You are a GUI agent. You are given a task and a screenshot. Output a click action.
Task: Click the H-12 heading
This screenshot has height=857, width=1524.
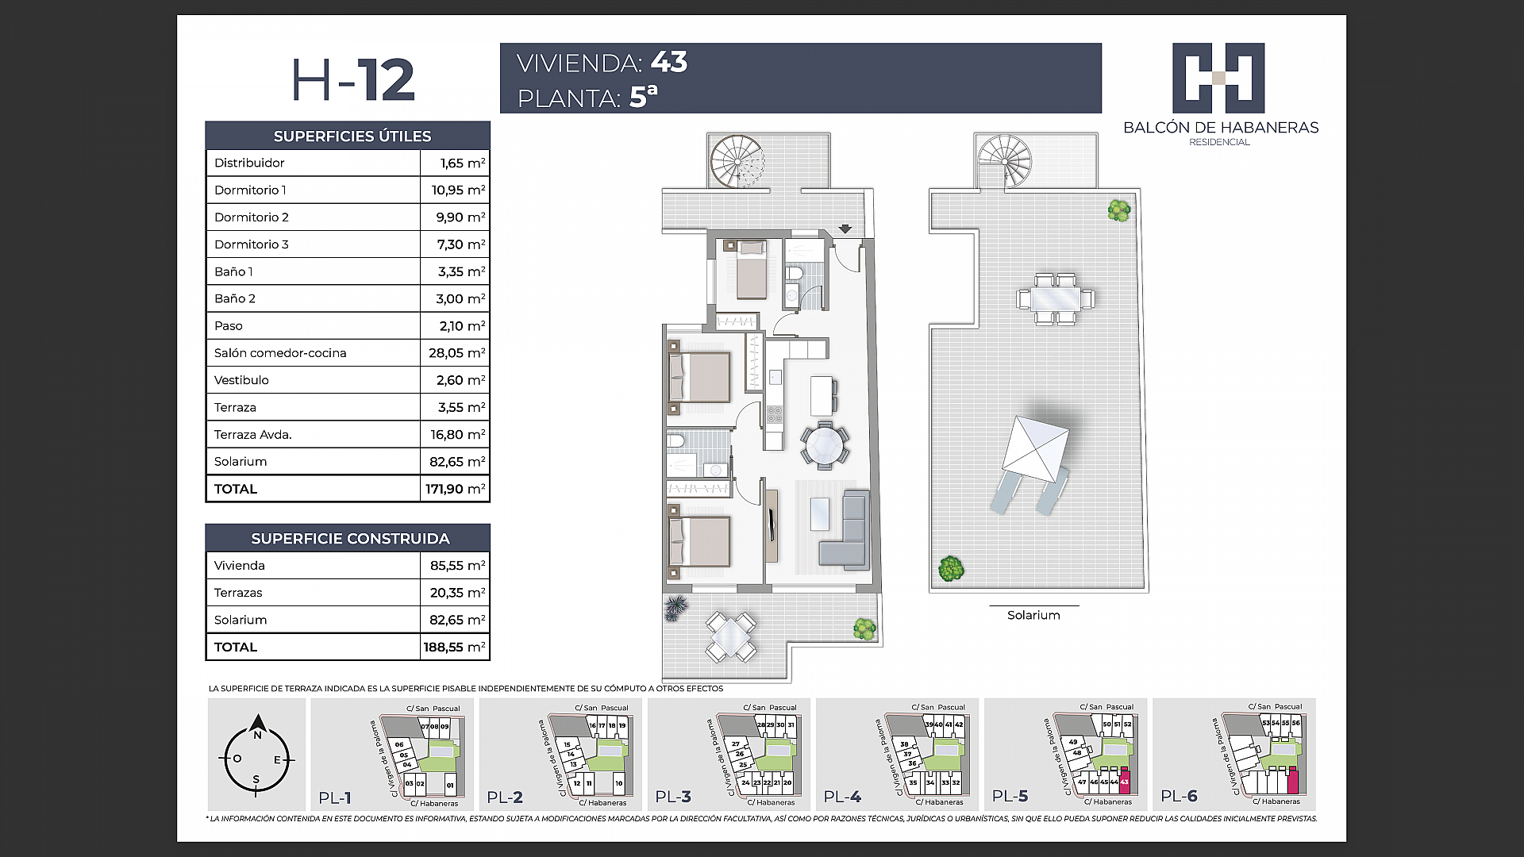coord(353,80)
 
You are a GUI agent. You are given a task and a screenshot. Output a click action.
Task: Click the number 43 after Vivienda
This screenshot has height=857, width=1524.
coord(668,62)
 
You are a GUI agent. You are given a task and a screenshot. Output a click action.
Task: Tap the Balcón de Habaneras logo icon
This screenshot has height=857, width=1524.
coord(1218,78)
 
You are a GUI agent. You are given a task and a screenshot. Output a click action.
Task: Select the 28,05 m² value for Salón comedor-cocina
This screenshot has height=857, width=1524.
coord(456,353)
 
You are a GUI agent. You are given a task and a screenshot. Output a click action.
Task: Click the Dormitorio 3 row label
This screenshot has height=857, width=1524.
coord(251,244)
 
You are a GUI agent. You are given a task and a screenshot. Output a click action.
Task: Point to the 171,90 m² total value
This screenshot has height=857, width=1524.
coord(454,489)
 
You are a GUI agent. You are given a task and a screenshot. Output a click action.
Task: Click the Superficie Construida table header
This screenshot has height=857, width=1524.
coord(349,538)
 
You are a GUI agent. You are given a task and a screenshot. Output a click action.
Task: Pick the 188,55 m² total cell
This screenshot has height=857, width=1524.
coord(454,647)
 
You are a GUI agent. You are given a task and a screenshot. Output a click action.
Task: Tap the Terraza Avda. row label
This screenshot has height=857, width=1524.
coord(252,434)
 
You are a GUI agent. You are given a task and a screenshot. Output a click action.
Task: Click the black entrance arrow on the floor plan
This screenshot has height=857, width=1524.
coord(845,229)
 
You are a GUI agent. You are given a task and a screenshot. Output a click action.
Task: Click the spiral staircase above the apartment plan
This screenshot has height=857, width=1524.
coord(736,161)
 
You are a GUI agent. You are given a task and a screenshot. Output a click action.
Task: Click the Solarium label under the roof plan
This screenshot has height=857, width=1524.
coord(1033,615)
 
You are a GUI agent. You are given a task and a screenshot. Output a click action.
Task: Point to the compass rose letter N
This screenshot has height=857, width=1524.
coord(257,735)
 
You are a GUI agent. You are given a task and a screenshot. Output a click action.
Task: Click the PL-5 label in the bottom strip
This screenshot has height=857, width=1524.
coord(1010,797)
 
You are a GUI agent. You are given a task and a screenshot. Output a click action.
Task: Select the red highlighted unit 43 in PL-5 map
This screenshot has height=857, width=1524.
coord(1124,782)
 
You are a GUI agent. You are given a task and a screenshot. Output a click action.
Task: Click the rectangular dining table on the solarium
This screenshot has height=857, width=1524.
coord(1056,298)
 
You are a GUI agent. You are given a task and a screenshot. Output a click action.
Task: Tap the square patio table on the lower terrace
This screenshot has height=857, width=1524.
coord(731,636)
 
